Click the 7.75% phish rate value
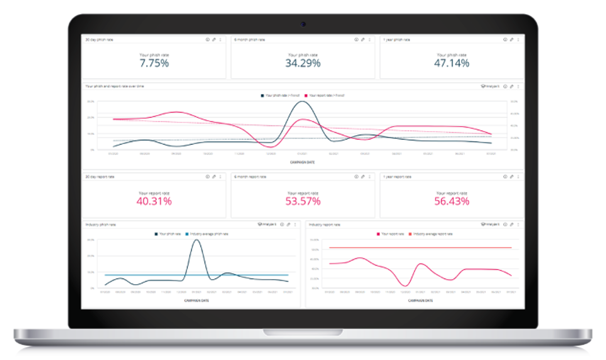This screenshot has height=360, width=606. point(154,63)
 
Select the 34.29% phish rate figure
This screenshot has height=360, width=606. point(303,63)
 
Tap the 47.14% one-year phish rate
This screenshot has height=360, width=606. point(452,63)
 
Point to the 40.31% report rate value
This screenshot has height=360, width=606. point(154,202)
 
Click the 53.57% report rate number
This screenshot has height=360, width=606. point(303,202)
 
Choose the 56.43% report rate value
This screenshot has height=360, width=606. point(452,202)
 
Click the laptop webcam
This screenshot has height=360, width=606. point(303,24)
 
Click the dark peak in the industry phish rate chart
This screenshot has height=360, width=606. point(197,241)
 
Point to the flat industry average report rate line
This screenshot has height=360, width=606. point(419,248)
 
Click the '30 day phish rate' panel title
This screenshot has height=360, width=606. point(99,40)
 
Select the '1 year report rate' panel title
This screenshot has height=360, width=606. point(397,177)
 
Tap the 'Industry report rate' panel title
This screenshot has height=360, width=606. point(324,225)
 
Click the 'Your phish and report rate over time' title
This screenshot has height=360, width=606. point(115,86)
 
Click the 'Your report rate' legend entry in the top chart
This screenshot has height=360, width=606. point(326,96)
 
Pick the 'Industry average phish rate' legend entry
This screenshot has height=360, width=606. point(209,234)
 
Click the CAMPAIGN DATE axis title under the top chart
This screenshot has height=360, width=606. point(302,162)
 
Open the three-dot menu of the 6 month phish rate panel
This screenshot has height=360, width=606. point(369,40)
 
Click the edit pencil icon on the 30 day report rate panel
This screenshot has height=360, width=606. point(214,177)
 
